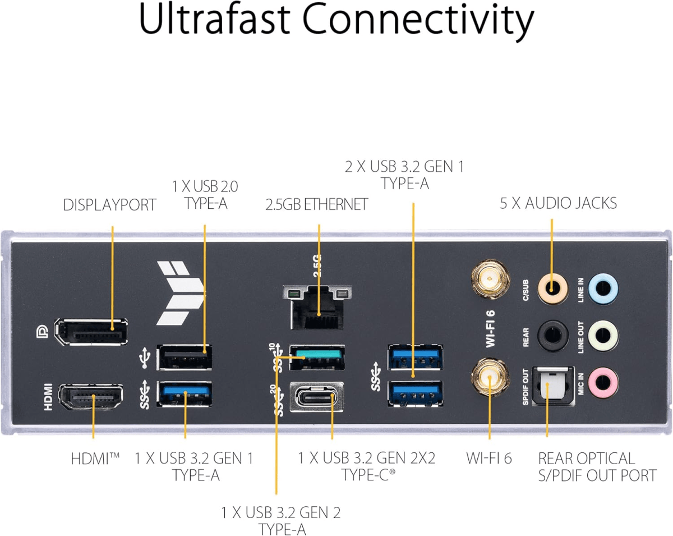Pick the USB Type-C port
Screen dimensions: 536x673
coord(317,398)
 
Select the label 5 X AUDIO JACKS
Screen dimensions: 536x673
coord(558,203)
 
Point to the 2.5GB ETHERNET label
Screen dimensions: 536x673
coord(317,205)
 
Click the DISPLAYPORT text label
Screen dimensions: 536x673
coord(109,205)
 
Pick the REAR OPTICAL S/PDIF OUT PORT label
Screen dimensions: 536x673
coord(597,467)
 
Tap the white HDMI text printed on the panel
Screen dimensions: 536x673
coord(48,396)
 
